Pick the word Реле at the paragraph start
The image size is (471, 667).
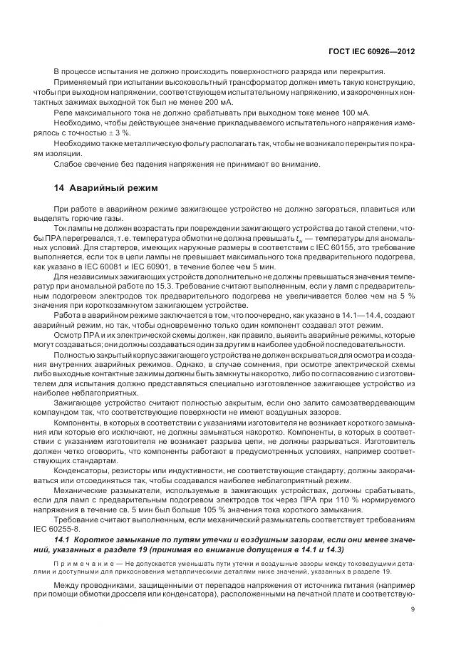64,113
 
